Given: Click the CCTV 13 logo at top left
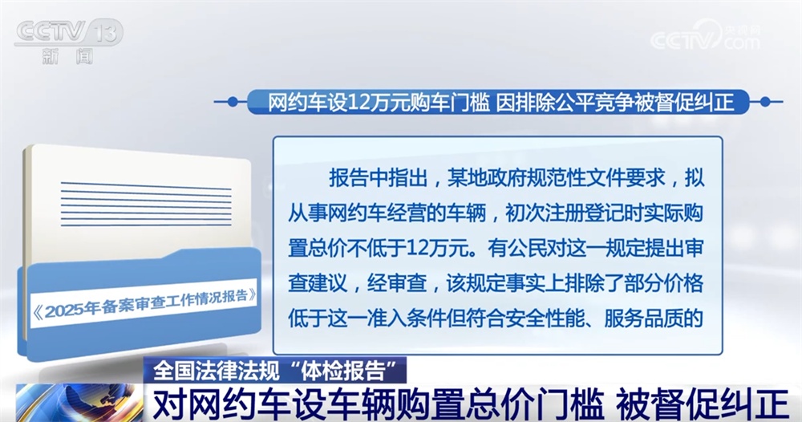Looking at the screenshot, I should point(68,32).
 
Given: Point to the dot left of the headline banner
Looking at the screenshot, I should point(232,102).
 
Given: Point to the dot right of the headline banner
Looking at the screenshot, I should point(764,102).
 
